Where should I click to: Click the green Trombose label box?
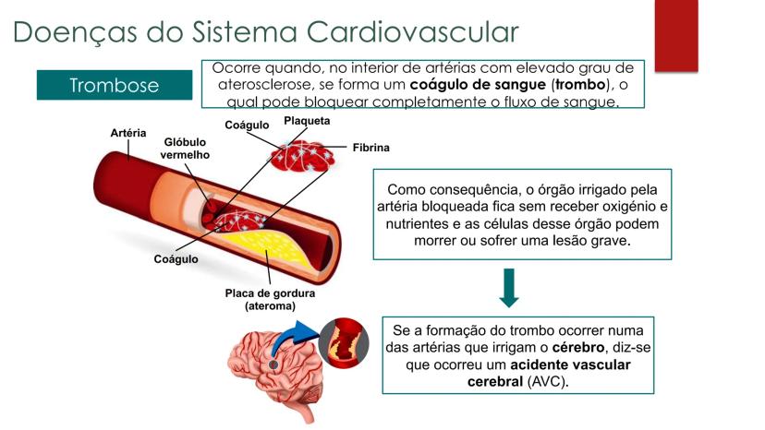[x=115, y=85]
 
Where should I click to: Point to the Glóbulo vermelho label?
[x=186, y=149]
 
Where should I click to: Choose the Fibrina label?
[x=370, y=148]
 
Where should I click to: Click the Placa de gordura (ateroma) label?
[x=271, y=300]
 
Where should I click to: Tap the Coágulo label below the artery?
[x=176, y=259]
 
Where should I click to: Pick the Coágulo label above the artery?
[x=247, y=125]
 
